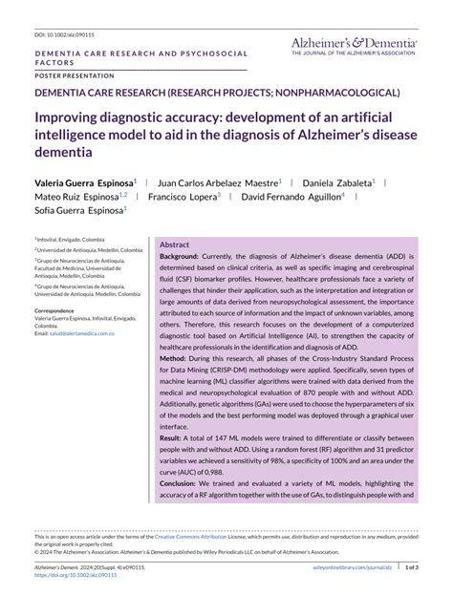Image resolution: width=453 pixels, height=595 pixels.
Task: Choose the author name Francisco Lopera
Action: tap(182, 196)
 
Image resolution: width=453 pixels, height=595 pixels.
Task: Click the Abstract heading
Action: tap(175, 244)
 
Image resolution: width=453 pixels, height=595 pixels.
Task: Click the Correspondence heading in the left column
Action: tap(61, 311)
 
